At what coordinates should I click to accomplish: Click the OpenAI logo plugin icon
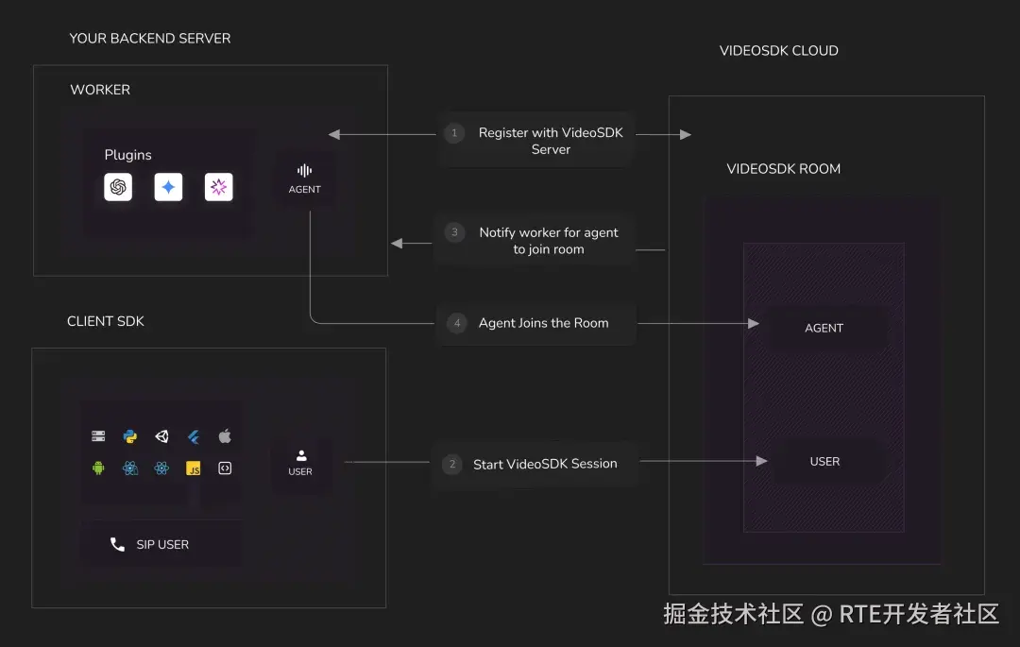118,187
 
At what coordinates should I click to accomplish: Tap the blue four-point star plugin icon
168,187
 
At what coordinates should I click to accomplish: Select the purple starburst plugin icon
218,187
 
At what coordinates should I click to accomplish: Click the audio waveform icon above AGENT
304,170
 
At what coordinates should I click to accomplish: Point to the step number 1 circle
454,133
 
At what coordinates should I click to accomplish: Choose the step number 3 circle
455,232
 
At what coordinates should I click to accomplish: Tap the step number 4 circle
457,323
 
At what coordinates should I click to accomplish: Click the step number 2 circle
452,464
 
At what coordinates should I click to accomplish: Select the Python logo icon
130,436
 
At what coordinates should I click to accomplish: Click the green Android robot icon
98,468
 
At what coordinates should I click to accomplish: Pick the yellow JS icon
194,468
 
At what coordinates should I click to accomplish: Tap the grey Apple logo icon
225,436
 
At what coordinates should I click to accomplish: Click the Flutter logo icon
194,436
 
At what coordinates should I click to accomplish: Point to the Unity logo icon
162,436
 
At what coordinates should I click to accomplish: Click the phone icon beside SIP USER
117,544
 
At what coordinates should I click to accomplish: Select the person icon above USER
300,455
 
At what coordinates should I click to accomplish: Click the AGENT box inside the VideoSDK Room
824,328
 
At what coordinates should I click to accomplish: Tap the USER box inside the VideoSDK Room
824,462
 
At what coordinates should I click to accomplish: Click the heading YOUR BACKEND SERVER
150,39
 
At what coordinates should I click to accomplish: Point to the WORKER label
100,90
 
